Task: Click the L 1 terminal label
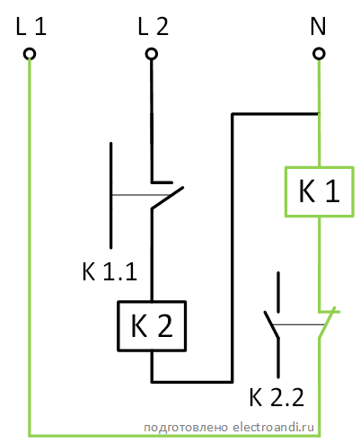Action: [x=31, y=27]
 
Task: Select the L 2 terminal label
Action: [x=154, y=27]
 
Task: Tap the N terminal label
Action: [x=318, y=27]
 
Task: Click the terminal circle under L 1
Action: [x=30, y=54]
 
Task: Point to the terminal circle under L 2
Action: [x=152, y=54]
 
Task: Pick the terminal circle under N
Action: [x=319, y=54]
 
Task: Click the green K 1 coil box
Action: [x=285, y=191]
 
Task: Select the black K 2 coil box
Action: [x=118, y=325]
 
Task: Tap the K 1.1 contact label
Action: [x=110, y=271]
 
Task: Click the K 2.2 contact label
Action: [x=277, y=397]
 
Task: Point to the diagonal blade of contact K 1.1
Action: [x=167, y=198]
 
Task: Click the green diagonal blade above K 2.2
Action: [x=327, y=323]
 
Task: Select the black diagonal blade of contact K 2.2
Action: [x=272, y=324]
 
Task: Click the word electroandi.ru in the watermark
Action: [x=273, y=427]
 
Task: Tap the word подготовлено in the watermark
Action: [x=186, y=428]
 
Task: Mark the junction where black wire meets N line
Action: [x=319, y=114]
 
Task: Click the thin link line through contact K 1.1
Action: [x=140, y=195]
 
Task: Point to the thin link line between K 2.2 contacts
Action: [x=299, y=324]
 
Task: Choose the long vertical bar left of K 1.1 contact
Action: [x=111, y=195]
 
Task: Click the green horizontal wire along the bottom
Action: [x=174, y=435]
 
